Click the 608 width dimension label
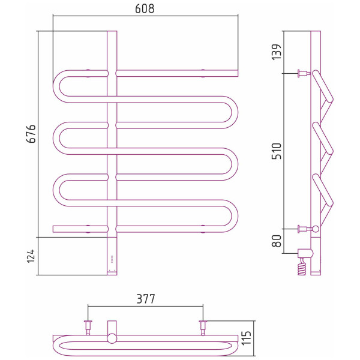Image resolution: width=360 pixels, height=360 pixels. [145, 9]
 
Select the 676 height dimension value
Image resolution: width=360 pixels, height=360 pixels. [31, 134]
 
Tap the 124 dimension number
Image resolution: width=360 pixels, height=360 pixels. [31, 256]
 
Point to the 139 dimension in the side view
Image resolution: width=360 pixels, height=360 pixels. [277, 52]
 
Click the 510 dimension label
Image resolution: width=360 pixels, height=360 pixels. [277, 151]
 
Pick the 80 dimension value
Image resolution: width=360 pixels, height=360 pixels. [277, 241]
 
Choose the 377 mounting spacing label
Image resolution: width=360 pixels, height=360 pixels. [146, 299]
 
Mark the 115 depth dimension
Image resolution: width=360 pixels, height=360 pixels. [247, 338]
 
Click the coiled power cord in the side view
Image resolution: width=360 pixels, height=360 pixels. [302, 266]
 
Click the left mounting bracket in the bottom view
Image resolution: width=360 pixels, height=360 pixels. [88, 328]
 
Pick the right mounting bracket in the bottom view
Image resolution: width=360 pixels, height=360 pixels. [203, 328]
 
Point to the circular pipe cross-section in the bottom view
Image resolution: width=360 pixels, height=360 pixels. [112, 338]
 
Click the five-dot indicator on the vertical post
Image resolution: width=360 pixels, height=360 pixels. [112, 259]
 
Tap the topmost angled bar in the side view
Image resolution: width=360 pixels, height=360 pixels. [323, 86]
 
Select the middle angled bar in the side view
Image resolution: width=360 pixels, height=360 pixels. [323, 138]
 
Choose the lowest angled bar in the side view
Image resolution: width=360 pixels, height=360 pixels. [323, 190]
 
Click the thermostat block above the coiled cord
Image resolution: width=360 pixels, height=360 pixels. [305, 253]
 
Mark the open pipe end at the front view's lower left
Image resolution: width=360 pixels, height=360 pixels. [53, 229]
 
